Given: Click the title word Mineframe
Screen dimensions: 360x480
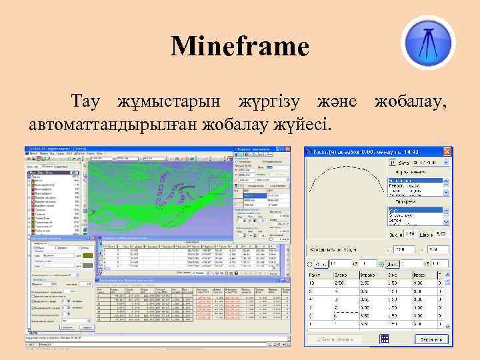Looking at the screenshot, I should (240, 47).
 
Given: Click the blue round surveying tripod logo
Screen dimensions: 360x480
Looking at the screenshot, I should (429, 41).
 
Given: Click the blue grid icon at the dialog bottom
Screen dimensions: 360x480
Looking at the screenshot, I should (384, 339).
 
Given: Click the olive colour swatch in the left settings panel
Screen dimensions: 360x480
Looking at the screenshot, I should (87, 255).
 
